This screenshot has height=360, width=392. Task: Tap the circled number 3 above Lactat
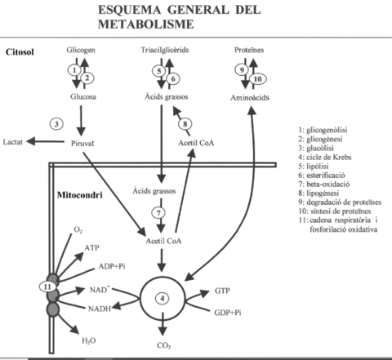[56, 123]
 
